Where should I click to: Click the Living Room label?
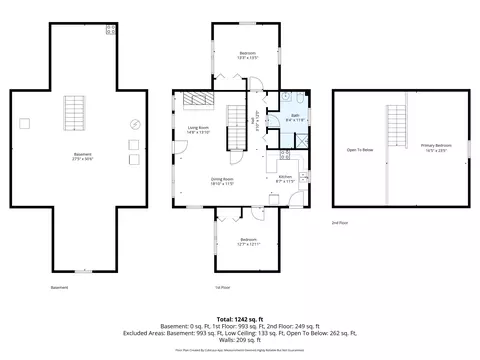198,128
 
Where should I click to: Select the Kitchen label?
285,178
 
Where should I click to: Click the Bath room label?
295,116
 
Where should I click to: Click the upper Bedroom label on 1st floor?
247,54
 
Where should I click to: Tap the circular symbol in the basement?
134,125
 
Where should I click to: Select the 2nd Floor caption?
341,223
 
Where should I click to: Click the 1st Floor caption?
224,287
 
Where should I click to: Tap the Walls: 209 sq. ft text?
239,340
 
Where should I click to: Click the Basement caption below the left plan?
60,287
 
